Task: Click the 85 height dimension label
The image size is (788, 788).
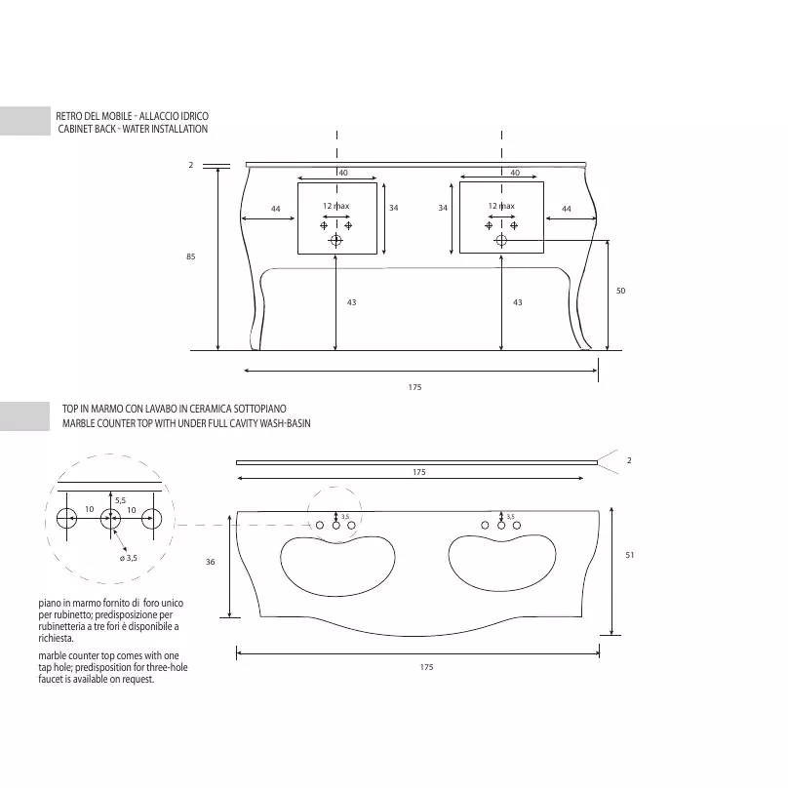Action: (x=190, y=256)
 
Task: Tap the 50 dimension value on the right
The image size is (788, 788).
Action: (x=620, y=291)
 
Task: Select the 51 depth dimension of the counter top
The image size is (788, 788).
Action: (x=630, y=555)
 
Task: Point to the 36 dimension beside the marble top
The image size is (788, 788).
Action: (x=210, y=562)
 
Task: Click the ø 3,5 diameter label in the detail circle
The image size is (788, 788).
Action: (x=128, y=558)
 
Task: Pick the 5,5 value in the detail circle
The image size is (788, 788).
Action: (x=121, y=500)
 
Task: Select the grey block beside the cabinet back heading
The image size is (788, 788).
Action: (x=25, y=121)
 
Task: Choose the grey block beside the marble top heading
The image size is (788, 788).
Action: (x=24, y=416)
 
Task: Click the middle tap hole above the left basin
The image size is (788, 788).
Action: (x=336, y=525)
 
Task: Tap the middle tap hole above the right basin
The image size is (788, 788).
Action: (x=501, y=525)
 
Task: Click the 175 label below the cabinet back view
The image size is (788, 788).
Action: (x=414, y=387)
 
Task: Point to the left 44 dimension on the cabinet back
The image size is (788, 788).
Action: (x=275, y=209)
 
